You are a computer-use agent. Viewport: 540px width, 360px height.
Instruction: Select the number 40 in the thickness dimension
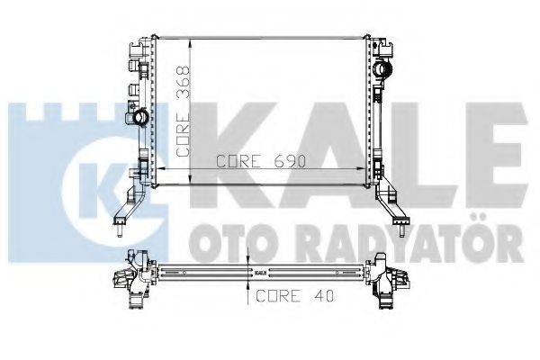click(x=311, y=294)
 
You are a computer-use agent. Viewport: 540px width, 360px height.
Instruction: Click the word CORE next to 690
click(x=237, y=162)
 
